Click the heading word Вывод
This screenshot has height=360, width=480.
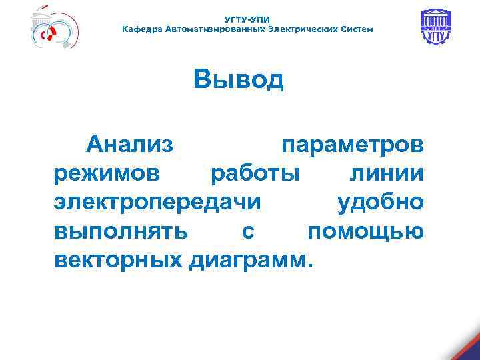pyautogui.click(x=239, y=79)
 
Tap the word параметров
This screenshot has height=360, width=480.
pyautogui.click(x=351, y=143)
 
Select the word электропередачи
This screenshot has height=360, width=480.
pyautogui.click(x=157, y=202)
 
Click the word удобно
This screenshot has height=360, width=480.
pyautogui.click(x=380, y=202)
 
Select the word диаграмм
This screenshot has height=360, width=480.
pyautogui.click(x=249, y=260)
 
